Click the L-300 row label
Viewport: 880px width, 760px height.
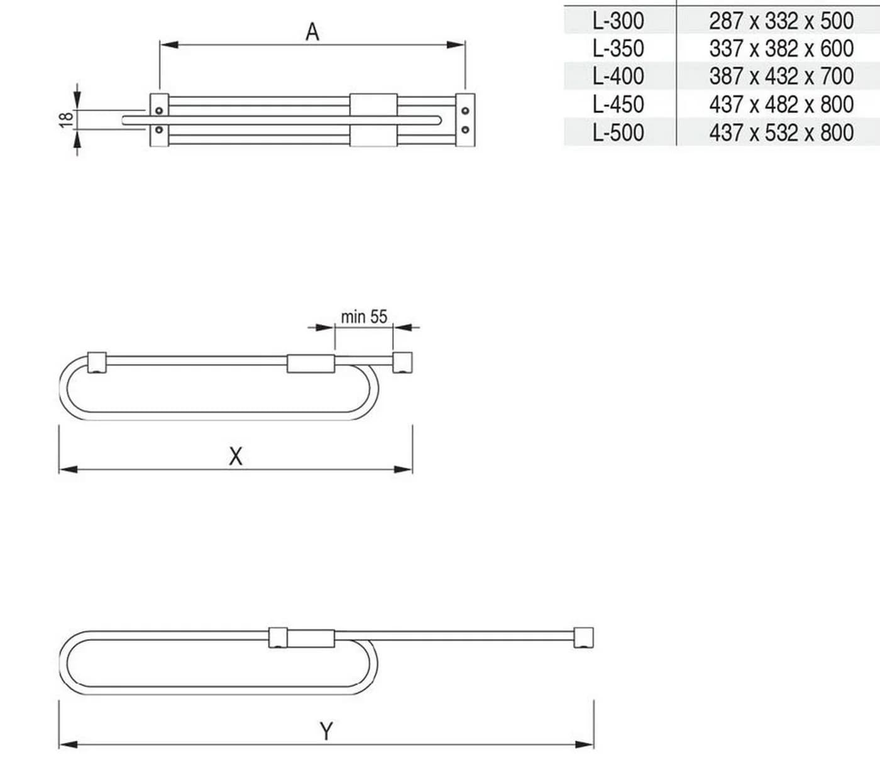click(x=618, y=21)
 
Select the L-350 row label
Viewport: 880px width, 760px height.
click(x=618, y=48)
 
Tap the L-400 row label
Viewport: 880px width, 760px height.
click(x=618, y=76)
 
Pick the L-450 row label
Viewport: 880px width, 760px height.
click(x=618, y=104)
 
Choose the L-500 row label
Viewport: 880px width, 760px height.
click(x=618, y=133)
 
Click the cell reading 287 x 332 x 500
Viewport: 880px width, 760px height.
click(x=781, y=21)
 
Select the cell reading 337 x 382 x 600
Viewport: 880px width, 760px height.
click(x=781, y=48)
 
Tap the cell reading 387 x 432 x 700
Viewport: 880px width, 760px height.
click(x=781, y=76)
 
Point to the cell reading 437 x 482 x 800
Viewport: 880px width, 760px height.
click(x=781, y=104)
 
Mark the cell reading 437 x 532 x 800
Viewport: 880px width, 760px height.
click(x=781, y=133)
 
